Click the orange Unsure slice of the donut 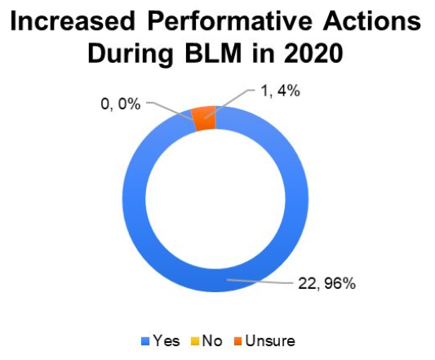tap(205, 118)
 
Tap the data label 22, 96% tap(326, 283)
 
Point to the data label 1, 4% tap(280, 91)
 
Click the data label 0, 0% tap(121, 104)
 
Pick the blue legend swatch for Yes tap(145, 341)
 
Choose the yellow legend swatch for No tap(195, 341)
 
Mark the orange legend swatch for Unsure tap(237, 341)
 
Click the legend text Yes tap(166, 340)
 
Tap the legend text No tap(212, 340)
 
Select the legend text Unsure tap(270, 340)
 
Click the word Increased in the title tap(73, 21)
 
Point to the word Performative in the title tap(229, 21)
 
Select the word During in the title tap(131, 54)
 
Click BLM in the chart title tap(214, 53)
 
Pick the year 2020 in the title tap(313, 53)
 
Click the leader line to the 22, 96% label tap(260, 282)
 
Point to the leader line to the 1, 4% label tap(229, 104)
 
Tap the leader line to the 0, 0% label tap(170, 110)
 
